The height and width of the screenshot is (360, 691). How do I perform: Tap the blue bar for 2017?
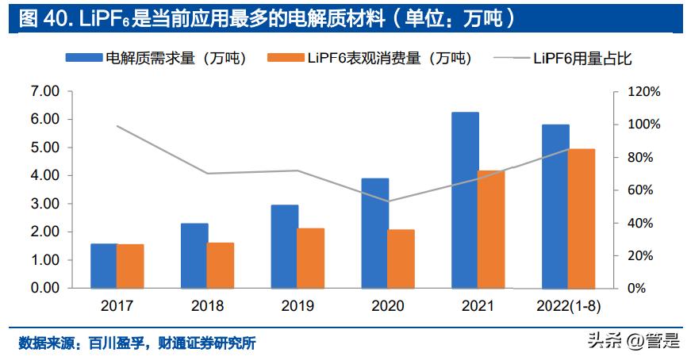pos(104,266)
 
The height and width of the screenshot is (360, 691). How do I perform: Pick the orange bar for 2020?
pos(401,259)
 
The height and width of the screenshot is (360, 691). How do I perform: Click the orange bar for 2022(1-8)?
pos(582,218)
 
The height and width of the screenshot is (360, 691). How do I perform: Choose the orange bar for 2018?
pos(221,265)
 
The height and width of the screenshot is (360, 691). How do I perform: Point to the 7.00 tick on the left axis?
pos(44,92)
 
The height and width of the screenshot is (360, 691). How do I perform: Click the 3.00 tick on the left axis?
pos(44,204)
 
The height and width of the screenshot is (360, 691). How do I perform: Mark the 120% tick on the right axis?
pos(643,92)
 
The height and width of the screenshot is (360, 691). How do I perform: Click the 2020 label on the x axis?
pos(387,306)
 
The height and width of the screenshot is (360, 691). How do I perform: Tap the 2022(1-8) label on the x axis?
pos(568,306)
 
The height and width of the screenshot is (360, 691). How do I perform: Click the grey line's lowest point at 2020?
pos(388,201)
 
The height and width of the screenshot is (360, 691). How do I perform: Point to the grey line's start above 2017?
pos(117,126)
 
